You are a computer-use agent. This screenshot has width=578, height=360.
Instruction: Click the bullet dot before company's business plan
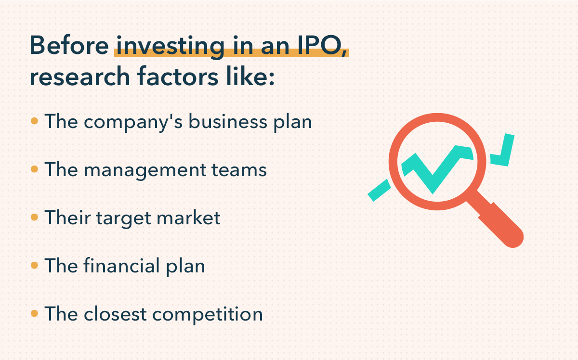34,121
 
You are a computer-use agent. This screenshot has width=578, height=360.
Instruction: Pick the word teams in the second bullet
242,170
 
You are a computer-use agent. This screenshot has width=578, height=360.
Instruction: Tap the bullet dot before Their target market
34,218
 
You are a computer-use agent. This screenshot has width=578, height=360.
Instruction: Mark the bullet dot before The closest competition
34,314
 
